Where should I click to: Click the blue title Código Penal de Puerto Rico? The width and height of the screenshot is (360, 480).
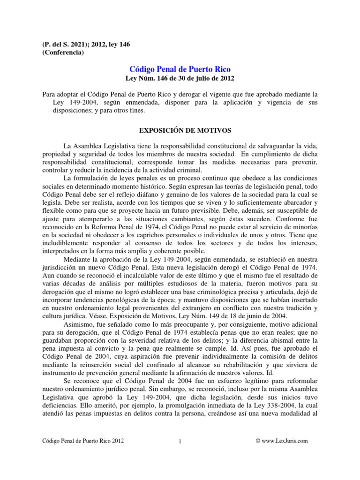tap(180, 69)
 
